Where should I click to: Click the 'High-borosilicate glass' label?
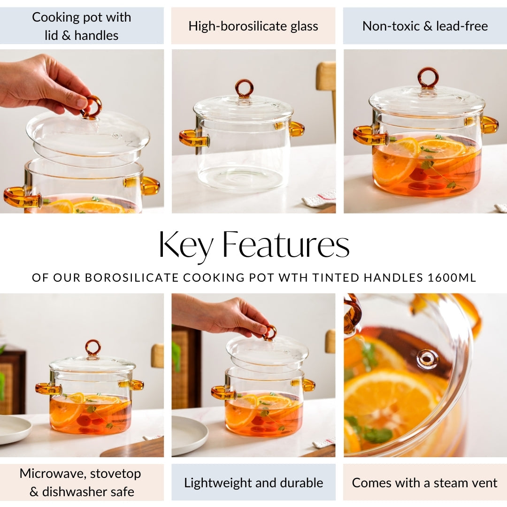point(253,26)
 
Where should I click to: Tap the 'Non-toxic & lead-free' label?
point(425,26)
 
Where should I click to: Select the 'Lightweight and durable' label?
point(253,483)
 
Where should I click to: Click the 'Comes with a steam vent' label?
point(425,483)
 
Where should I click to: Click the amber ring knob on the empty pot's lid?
point(244,88)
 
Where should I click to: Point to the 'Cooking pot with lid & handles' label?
point(82,26)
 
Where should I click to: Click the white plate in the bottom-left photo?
point(14,429)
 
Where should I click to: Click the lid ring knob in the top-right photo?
point(428,77)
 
